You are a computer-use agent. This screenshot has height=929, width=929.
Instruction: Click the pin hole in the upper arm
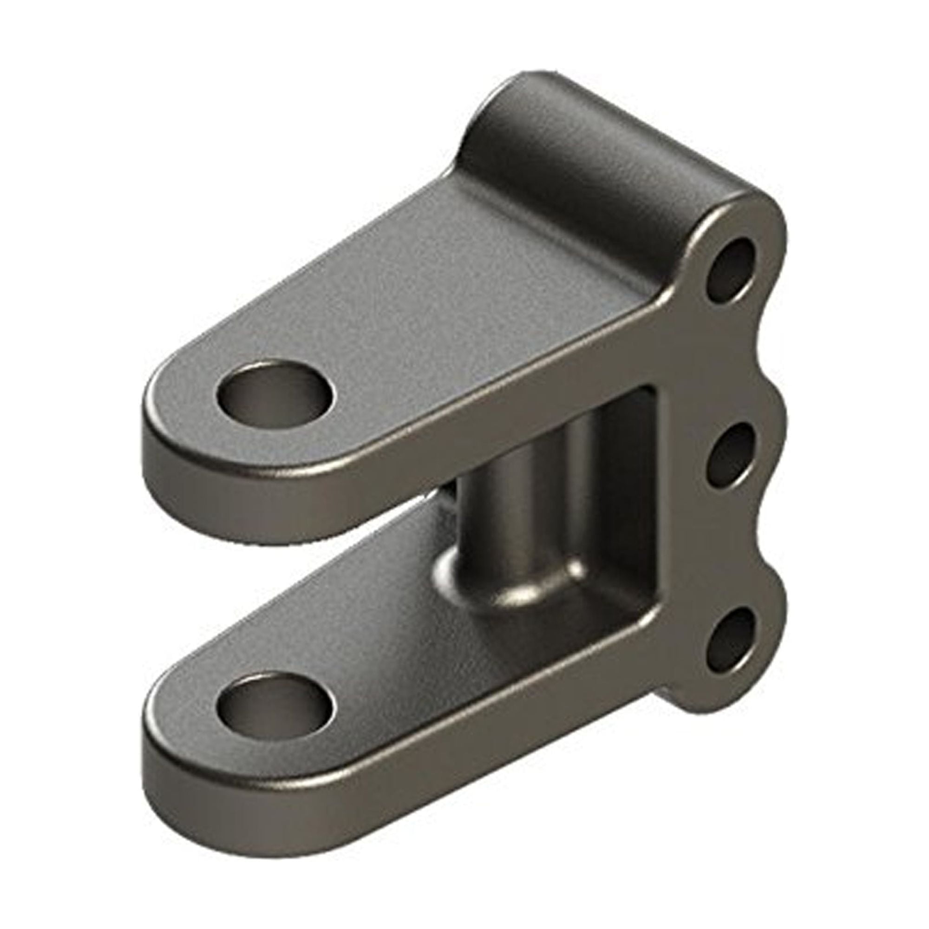[x=275, y=387]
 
